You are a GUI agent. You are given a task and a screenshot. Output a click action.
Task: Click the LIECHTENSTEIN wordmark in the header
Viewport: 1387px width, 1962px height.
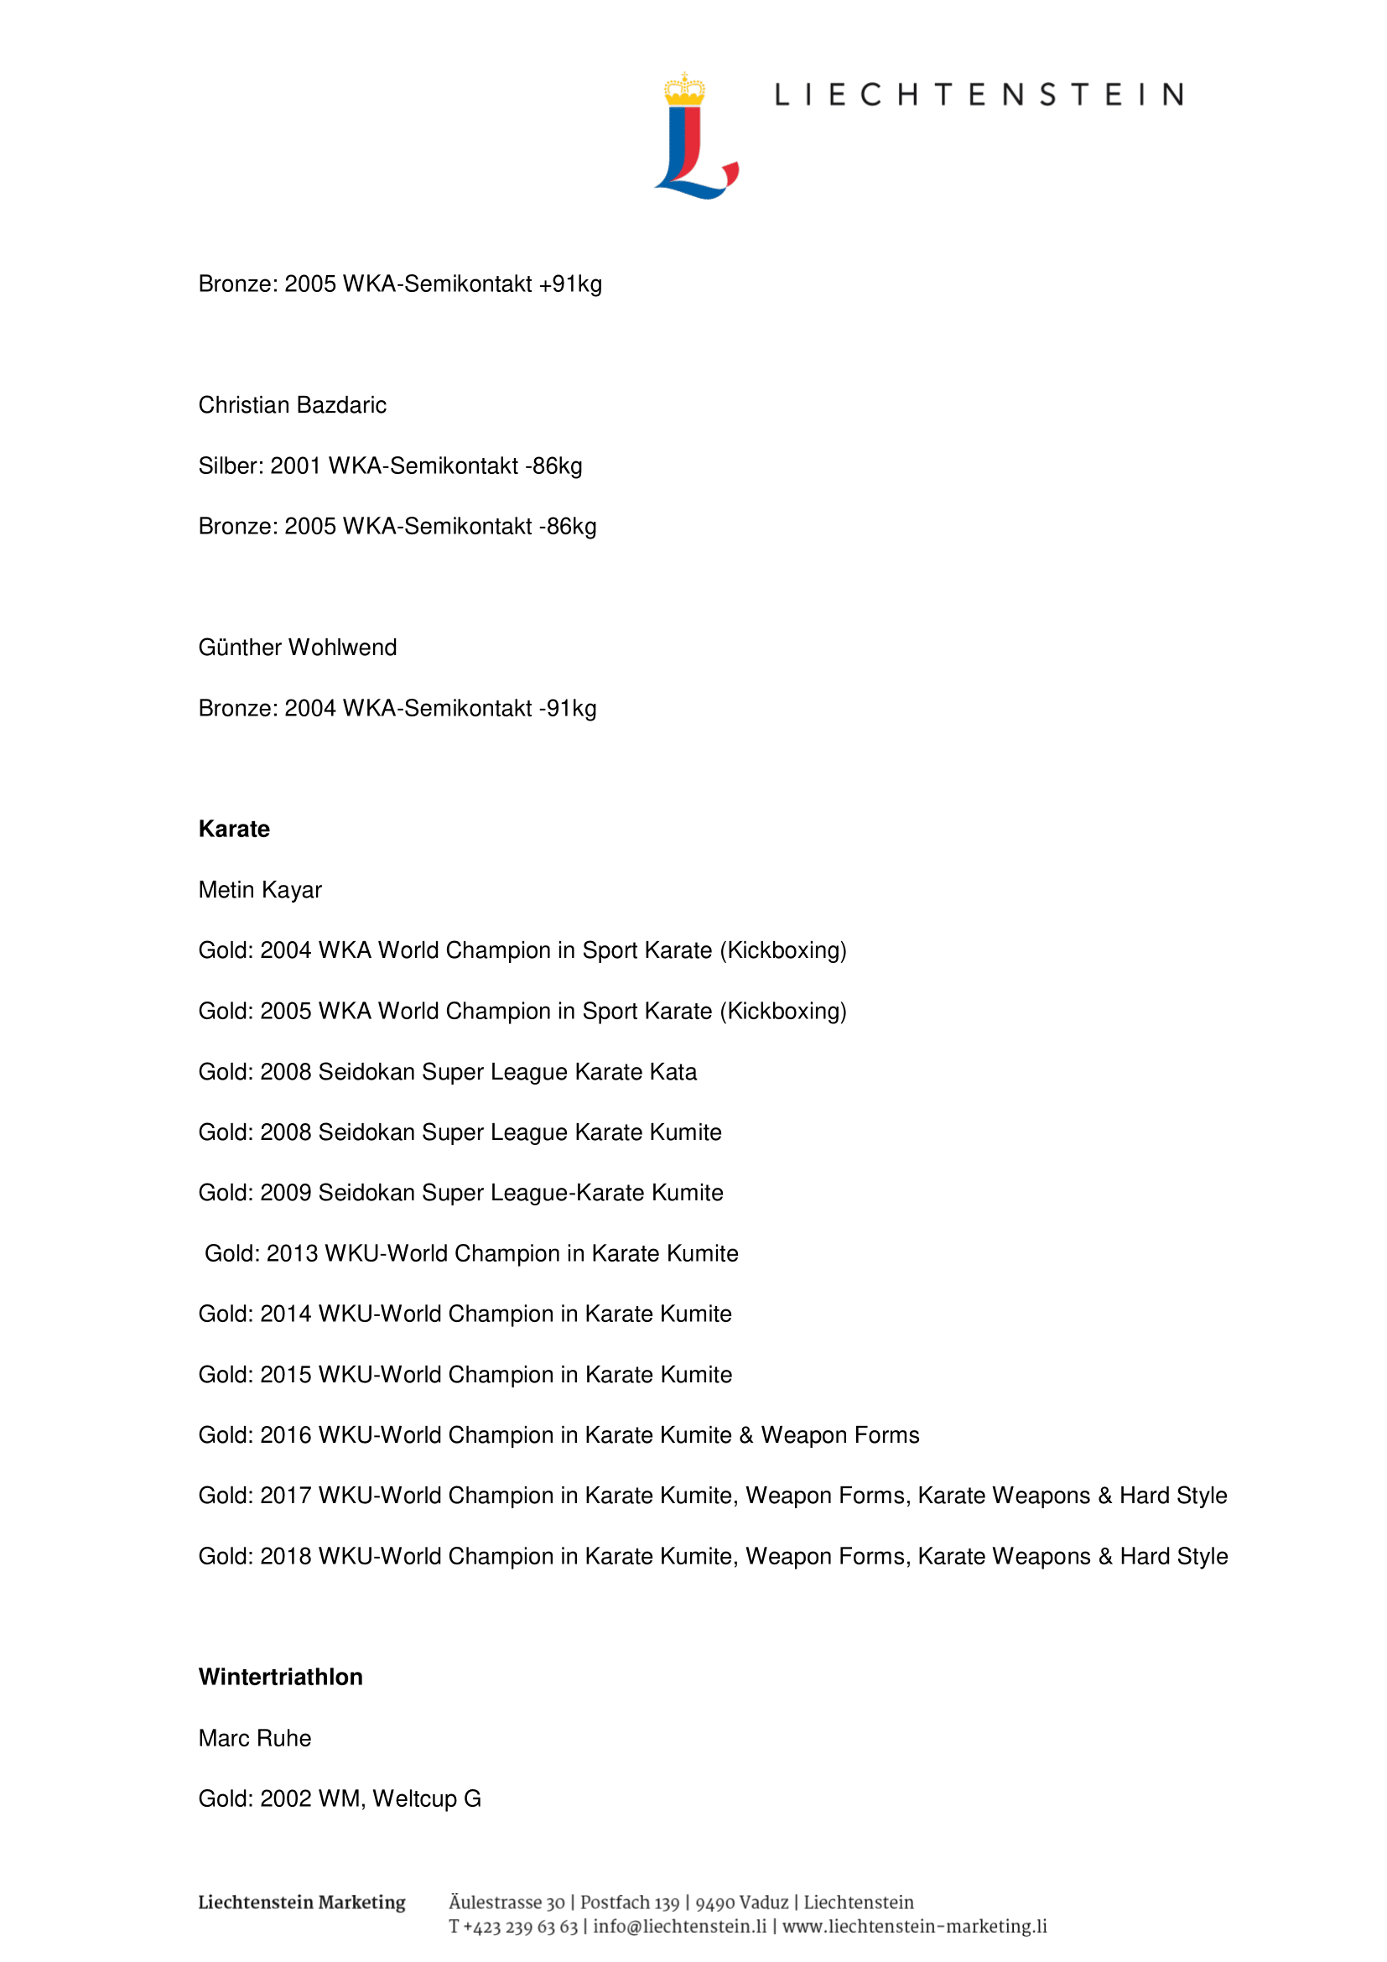click(x=979, y=95)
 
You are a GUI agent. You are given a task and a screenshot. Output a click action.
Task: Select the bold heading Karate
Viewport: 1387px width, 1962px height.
click(x=234, y=829)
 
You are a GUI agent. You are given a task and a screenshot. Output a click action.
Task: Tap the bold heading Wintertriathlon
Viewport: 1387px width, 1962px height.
click(x=280, y=1677)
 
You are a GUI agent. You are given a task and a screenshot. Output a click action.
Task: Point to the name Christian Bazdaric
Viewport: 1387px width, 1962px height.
click(x=292, y=405)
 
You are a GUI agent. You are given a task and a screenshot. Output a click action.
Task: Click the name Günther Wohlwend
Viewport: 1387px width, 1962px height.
click(x=297, y=648)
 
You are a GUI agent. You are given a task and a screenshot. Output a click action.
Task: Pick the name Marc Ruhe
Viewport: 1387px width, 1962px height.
click(x=255, y=1738)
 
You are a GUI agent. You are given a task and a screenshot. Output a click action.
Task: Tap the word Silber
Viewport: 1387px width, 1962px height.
click(x=231, y=466)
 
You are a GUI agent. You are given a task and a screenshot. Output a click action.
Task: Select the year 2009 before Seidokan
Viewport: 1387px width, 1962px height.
click(x=285, y=1193)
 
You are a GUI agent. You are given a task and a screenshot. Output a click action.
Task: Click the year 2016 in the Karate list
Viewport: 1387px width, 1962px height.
click(x=285, y=1434)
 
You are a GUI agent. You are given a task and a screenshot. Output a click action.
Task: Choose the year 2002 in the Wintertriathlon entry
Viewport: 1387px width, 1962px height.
click(x=285, y=1798)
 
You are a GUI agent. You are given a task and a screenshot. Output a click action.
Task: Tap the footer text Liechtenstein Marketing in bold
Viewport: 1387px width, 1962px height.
click(x=302, y=1902)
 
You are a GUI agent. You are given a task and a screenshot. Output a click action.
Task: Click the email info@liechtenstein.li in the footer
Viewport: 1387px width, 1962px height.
click(x=680, y=1926)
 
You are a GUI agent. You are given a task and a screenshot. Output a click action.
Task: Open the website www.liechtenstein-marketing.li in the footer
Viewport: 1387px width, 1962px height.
click(x=915, y=1926)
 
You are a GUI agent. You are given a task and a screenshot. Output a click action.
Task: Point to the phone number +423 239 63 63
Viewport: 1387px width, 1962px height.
click(x=520, y=1926)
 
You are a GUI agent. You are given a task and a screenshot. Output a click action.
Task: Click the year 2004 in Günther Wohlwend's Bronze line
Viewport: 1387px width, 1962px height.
click(x=310, y=709)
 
